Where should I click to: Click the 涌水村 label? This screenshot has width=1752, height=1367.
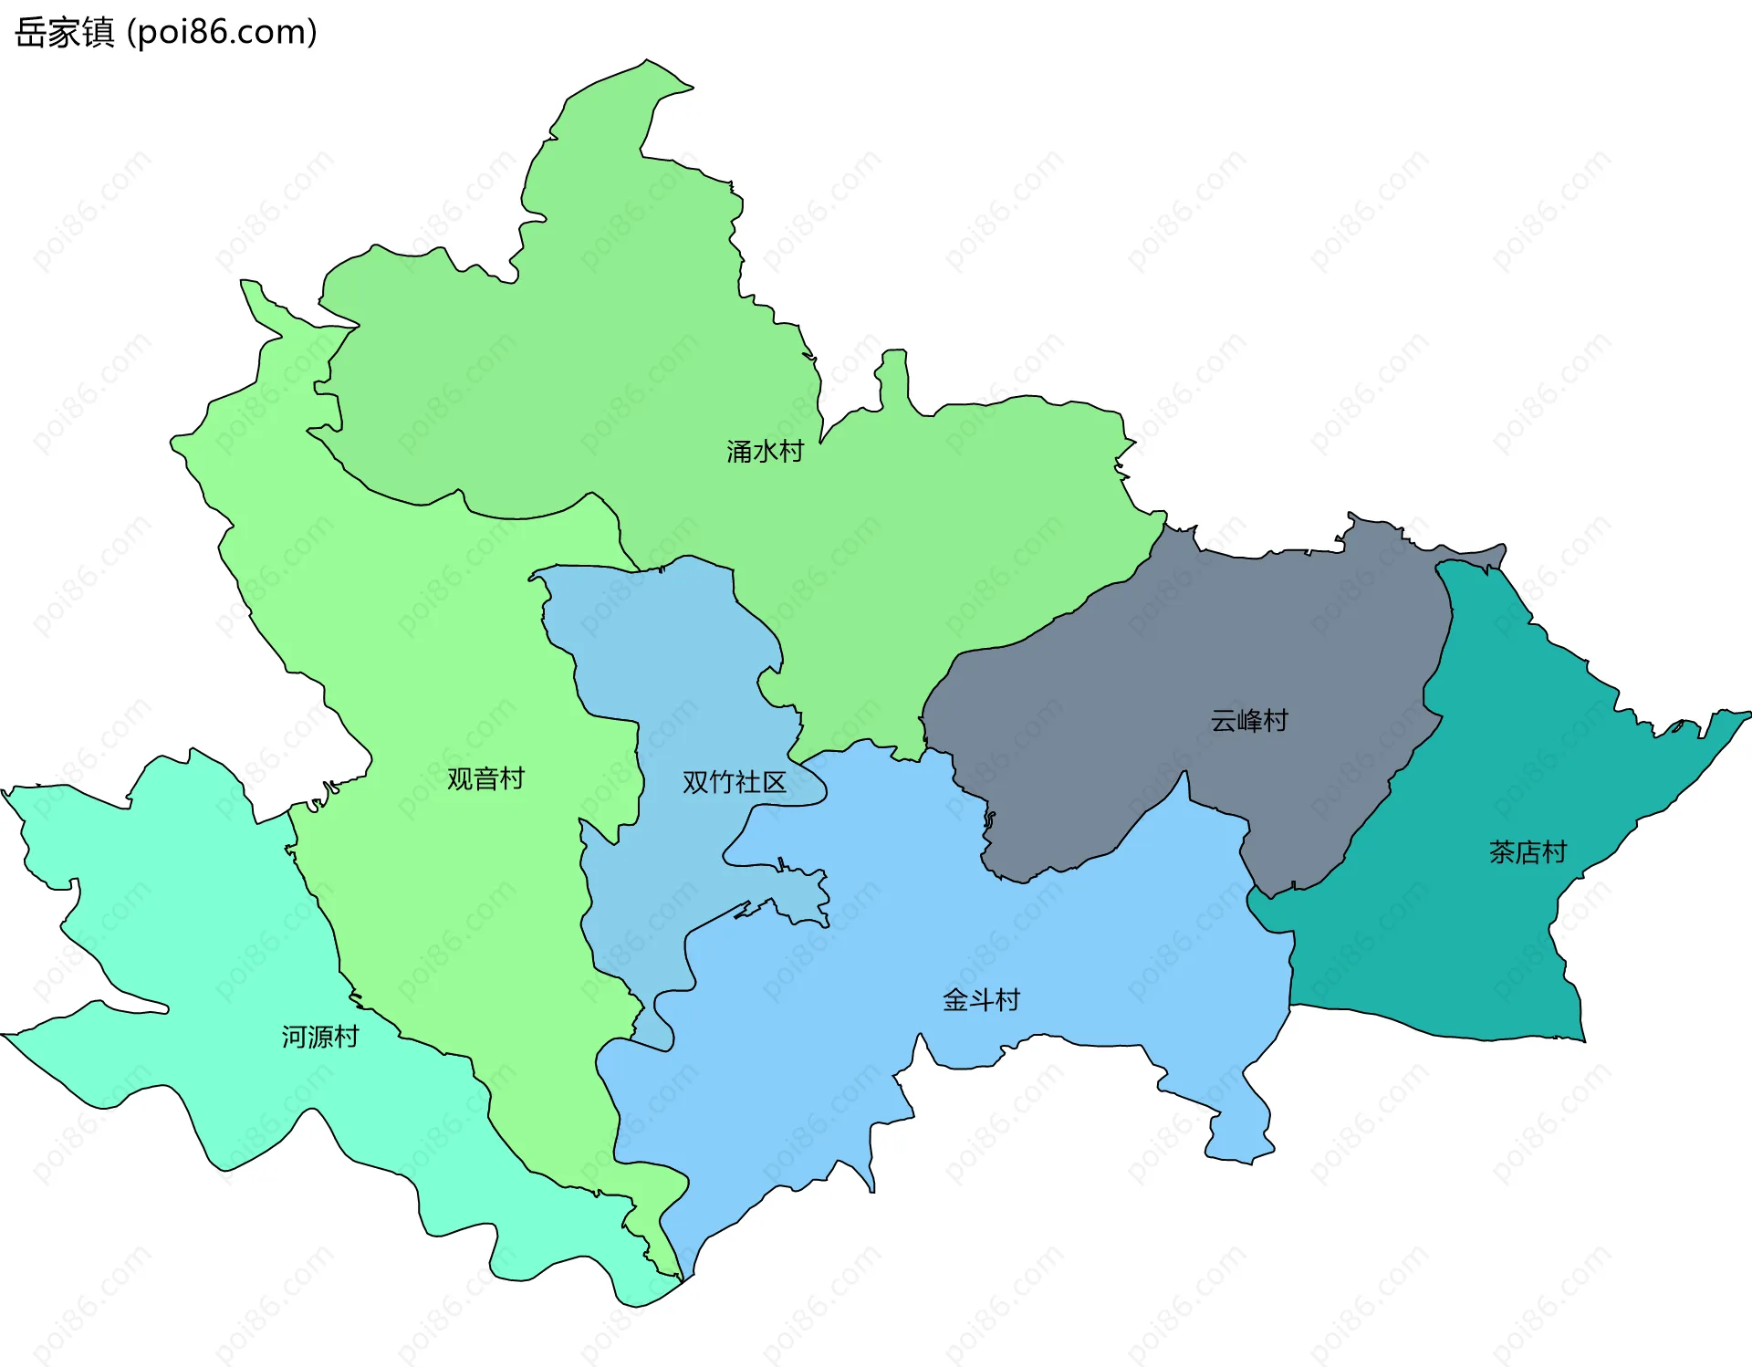[765, 451]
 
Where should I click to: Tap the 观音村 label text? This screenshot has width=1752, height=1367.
[485, 778]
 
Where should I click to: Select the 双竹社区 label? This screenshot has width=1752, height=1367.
[734, 782]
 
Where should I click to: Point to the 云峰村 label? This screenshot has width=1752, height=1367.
[1248, 721]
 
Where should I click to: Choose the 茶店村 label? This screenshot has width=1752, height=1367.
[1528, 852]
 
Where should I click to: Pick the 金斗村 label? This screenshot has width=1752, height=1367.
[981, 1000]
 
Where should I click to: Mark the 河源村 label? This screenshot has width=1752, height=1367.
[319, 1037]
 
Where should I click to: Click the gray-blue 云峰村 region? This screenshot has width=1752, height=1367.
[1186, 657]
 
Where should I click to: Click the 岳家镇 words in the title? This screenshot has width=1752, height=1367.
[64, 33]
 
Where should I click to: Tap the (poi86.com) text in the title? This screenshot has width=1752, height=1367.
[222, 33]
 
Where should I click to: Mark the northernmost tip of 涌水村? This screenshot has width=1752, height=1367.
[647, 61]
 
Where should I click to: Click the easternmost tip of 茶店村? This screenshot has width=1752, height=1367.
[1748, 714]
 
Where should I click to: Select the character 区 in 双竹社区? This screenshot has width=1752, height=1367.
[774, 782]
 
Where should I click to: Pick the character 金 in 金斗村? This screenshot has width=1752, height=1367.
[955, 1000]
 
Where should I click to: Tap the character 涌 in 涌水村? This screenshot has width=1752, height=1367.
[739, 451]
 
